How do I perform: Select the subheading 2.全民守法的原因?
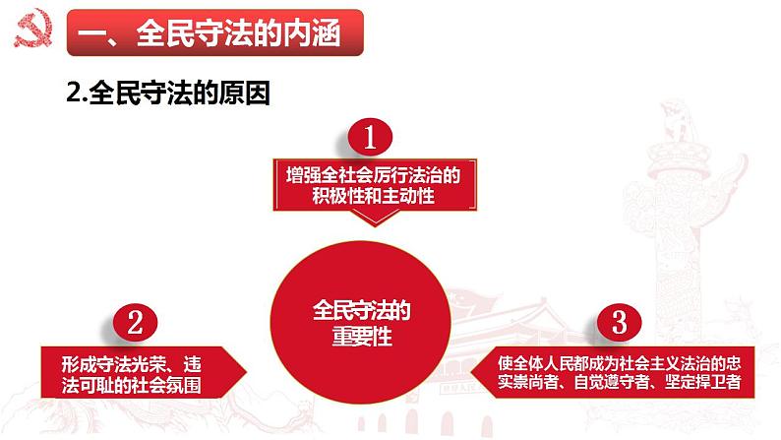tap(167, 95)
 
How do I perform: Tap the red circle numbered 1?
tap(369, 139)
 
